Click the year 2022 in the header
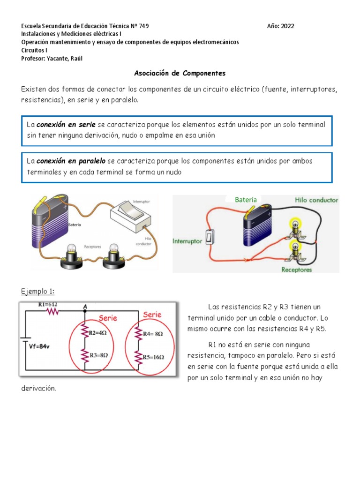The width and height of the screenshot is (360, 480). [287, 26]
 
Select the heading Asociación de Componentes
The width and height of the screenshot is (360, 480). [180, 73]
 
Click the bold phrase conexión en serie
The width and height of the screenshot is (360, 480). [66, 125]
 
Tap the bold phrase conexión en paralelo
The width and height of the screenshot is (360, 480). [71, 161]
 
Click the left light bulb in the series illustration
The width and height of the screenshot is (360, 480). [72, 256]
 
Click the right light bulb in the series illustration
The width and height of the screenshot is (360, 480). [113, 256]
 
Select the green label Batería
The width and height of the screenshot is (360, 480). [246, 200]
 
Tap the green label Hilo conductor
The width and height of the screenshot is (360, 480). [316, 200]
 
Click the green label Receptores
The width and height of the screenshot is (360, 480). [296, 270]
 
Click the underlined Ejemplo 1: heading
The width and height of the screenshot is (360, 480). [37, 292]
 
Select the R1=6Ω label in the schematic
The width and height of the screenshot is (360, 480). [47, 305]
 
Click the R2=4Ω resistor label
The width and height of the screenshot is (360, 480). [97, 333]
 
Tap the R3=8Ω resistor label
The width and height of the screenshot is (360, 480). [98, 355]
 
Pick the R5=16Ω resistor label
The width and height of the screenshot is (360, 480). [153, 357]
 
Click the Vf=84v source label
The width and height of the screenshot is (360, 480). [39, 346]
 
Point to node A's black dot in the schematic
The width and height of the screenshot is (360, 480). [85, 311]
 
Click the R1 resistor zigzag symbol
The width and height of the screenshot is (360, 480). [52, 311]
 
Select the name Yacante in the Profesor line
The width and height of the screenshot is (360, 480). [58, 59]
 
